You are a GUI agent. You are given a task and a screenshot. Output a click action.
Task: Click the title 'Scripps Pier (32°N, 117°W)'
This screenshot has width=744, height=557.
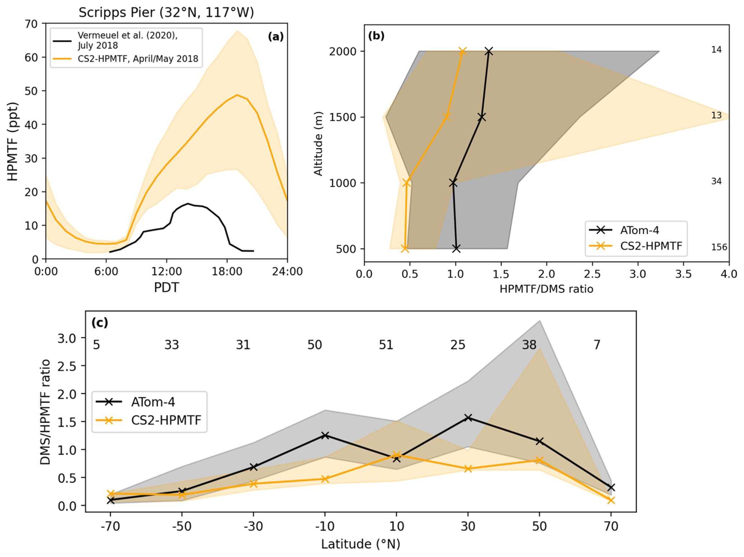166,13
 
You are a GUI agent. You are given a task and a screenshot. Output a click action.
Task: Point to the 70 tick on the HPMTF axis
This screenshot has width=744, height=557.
31,24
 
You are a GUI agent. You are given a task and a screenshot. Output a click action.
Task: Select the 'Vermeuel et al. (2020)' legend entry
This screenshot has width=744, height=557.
127,40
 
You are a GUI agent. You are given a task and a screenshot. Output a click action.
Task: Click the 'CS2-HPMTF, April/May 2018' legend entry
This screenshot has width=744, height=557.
138,59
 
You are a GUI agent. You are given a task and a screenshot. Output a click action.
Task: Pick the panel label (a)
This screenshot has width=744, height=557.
276,36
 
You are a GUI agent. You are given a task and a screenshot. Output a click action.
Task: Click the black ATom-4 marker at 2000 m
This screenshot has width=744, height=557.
488,51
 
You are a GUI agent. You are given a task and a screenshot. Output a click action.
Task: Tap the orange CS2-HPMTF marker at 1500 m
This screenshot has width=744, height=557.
447,117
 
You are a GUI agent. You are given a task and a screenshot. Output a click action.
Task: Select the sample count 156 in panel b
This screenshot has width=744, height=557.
719,247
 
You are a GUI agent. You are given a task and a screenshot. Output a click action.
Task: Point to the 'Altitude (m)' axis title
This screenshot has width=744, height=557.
318,143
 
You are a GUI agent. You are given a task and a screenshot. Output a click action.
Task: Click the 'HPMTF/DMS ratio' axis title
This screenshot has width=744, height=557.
546,289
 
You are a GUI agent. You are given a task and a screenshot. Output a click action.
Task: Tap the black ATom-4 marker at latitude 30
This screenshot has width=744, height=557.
468,418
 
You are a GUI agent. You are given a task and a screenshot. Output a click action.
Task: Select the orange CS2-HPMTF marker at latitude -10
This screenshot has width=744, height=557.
325,479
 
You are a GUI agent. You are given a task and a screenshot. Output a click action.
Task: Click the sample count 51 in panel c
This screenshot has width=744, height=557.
386,345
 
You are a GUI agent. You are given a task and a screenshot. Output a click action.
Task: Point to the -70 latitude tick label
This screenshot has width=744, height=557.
110,526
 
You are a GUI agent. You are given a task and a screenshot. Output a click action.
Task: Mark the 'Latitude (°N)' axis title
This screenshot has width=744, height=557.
361,544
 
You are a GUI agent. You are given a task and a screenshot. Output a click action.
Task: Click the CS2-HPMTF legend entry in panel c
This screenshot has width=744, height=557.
166,420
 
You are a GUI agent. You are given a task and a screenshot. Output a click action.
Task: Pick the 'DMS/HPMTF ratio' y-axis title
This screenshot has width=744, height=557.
45,412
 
